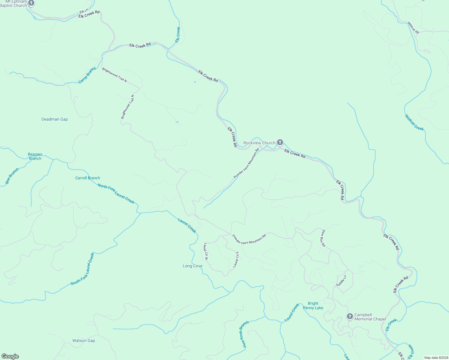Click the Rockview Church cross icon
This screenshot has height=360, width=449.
tap(280, 142)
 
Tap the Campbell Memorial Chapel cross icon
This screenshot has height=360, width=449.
tap(350, 316)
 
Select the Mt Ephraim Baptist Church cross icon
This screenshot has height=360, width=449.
tap(31, 3)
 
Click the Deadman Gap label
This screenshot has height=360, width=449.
tap(55, 119)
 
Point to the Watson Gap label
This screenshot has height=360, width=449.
tap(84, 340)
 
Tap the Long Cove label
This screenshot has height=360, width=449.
tap(193, 266)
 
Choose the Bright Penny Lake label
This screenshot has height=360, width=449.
tap(313, 305)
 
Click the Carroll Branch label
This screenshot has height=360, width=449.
tap(88, 178)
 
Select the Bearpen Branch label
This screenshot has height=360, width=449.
tap(35, 156)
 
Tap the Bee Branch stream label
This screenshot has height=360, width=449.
tap(12, 176)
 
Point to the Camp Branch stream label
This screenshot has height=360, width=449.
tap(87, 75)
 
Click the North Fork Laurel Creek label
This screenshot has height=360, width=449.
tap(116, 193)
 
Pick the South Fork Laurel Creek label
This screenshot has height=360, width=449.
tap(83, 269)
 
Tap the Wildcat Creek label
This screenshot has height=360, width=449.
tap(414, 122)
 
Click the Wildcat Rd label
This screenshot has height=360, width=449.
tap(413, 28)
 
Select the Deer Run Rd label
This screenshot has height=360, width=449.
tap(323, 238)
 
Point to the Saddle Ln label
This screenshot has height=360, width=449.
tap(341, 280)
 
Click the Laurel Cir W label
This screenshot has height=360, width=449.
tap(206, 251)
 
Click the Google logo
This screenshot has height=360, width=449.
tap(10, 356)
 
